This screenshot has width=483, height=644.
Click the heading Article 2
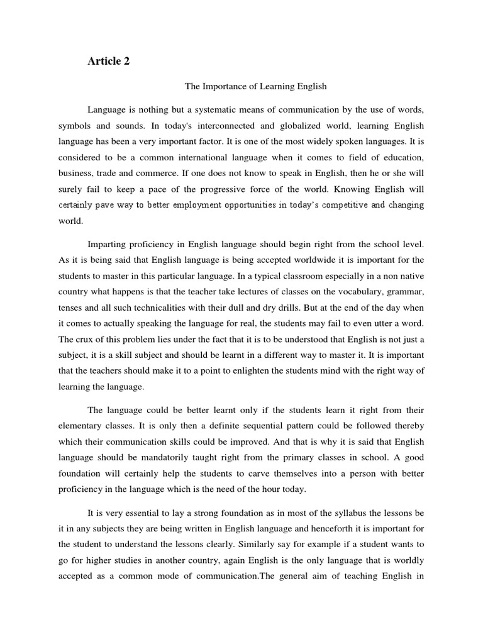[108, 62]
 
